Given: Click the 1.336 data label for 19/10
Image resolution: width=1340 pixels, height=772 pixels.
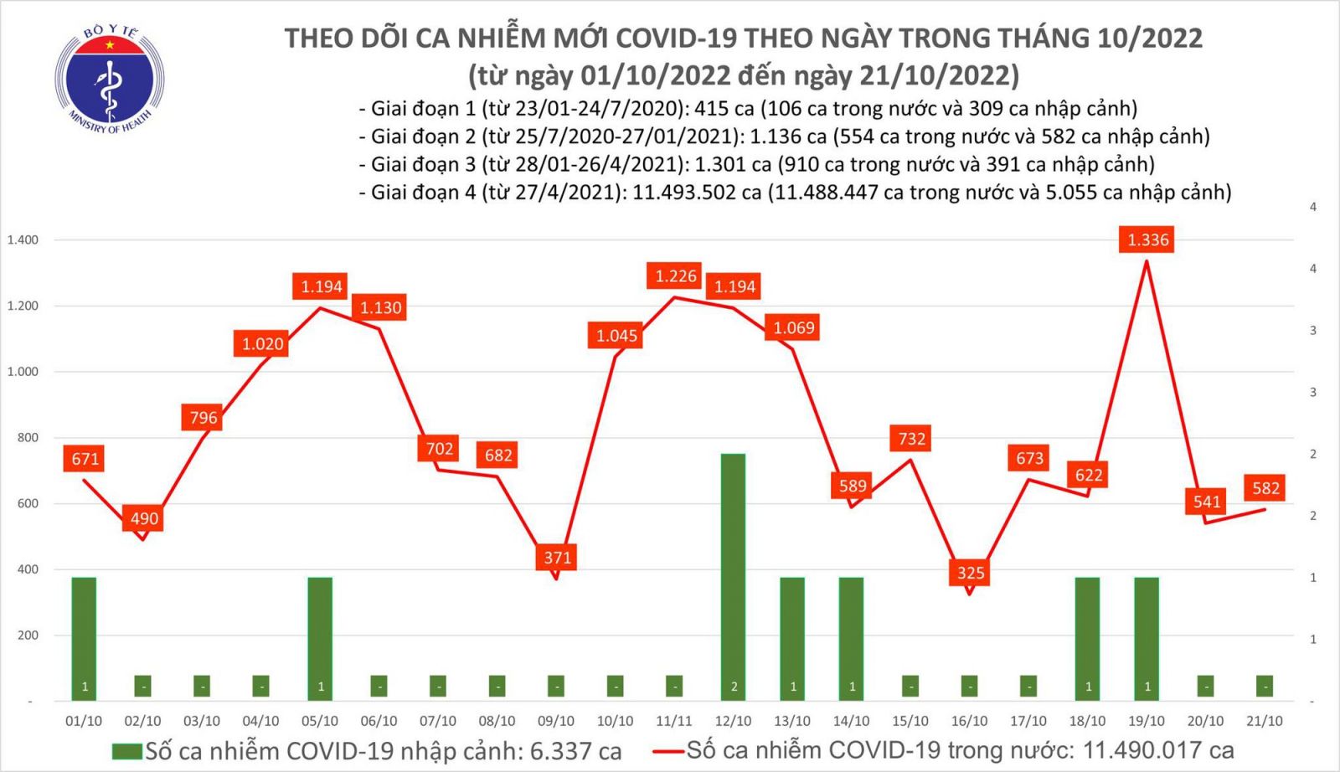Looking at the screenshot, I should coord(1147,240).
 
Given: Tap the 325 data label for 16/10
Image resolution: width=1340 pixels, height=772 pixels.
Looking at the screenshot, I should coord(971,573).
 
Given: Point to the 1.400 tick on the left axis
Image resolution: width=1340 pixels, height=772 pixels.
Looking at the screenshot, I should coord(23,240).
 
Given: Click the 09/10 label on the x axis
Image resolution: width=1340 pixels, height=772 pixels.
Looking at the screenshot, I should coord(556,721).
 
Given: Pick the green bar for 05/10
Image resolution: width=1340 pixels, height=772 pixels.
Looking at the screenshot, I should coord(320,636).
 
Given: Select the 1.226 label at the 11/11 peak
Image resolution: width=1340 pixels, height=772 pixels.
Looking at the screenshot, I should coord(676,276).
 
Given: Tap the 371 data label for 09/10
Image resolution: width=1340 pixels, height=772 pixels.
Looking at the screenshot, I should coord(557,558).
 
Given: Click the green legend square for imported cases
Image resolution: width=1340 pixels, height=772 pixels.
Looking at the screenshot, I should coord(127,751).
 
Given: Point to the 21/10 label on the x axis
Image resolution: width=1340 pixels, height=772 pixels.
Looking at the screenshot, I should coord(1264,721).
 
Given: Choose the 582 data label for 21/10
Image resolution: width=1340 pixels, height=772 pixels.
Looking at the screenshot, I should coord(1265,488).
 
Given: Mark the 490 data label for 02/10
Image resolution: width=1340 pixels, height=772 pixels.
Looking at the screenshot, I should coord(144,518).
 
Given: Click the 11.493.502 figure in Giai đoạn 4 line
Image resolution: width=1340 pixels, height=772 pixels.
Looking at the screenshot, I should coord(696,193).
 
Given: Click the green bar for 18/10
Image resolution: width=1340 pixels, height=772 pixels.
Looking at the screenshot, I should coord(1087,636).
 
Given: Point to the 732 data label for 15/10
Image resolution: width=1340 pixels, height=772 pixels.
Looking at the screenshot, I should coord(911,439).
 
